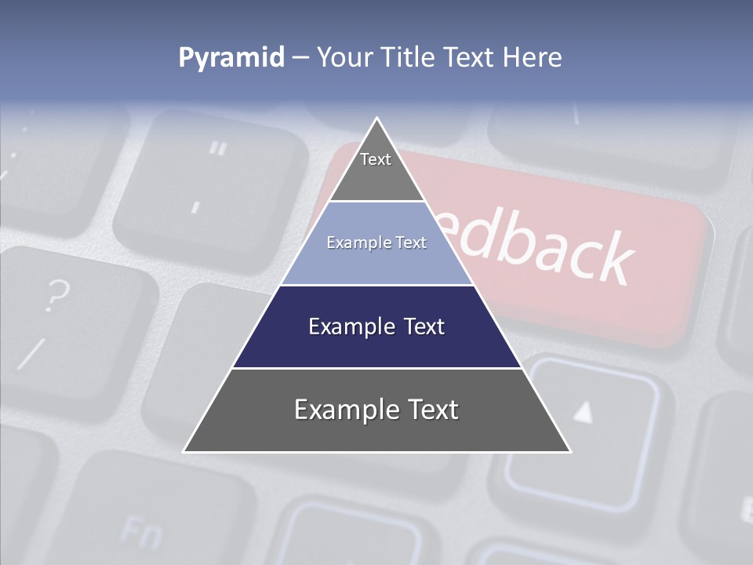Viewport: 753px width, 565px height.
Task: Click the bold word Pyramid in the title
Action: point(231,58)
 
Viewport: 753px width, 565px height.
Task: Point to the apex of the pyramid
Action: point(377,119)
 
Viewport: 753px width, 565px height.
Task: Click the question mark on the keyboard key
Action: point(55,297)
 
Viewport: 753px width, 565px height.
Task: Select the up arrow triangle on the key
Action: point(582,412)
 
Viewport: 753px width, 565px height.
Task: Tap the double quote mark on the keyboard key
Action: point(218,148)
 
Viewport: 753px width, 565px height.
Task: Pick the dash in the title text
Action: point(300,58)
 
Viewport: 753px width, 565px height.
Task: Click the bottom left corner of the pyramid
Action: point(184,451)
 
